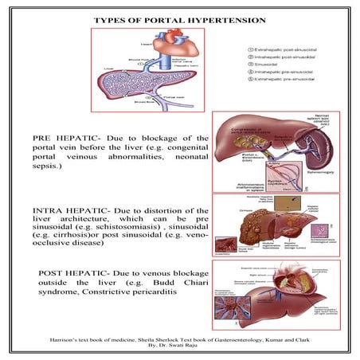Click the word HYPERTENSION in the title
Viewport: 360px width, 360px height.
coord(221,18)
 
